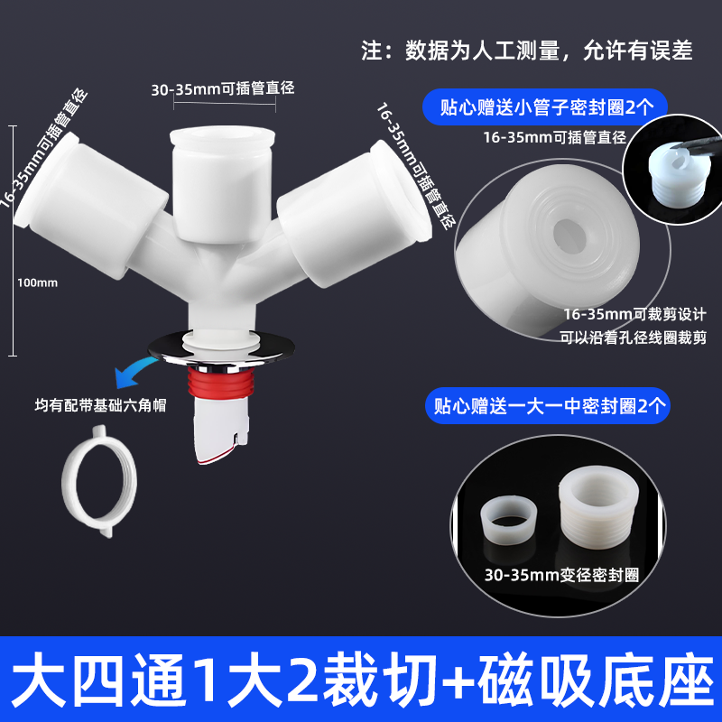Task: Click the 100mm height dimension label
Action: point(37,282)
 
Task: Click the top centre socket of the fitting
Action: point(222,184)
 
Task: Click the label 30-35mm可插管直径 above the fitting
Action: point(223,88)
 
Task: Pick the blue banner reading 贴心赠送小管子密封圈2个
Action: point(546,107)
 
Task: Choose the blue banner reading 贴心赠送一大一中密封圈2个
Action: point(548,405)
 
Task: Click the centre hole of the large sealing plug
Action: point(569,230)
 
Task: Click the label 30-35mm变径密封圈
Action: point(561,575)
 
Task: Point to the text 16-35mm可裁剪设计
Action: point(635,314)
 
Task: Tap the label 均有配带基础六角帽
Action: point(100,405)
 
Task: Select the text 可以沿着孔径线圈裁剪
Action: point(634,338)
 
